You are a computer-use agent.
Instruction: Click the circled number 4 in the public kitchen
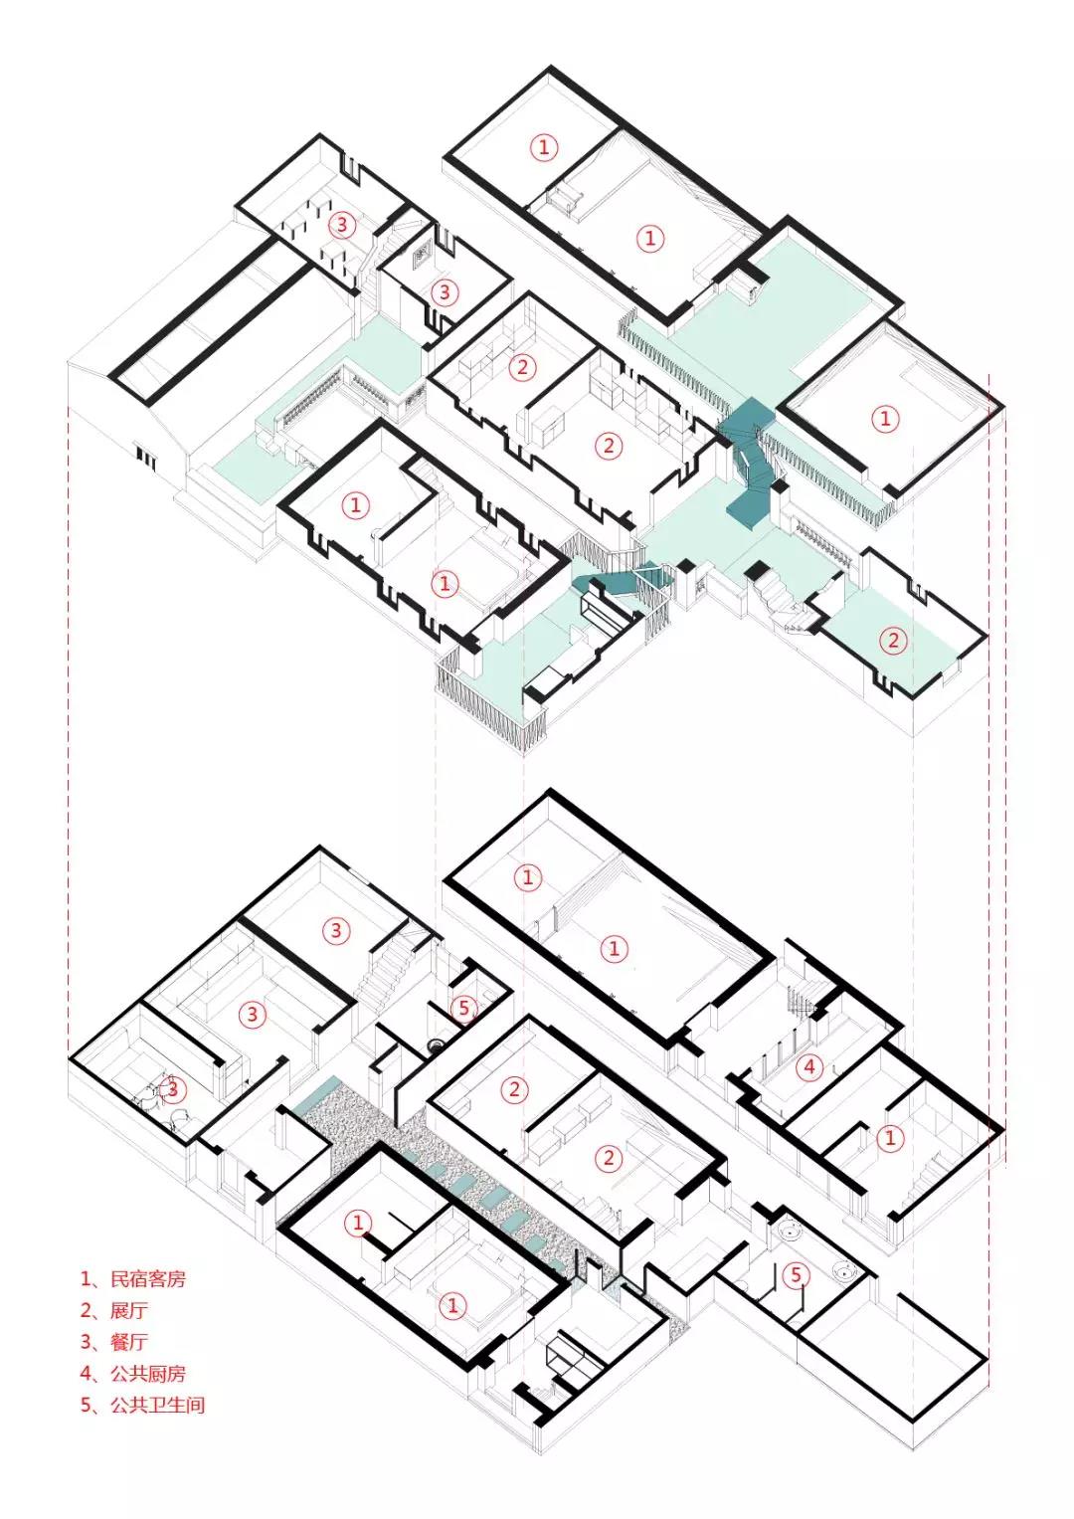pos(809,1068)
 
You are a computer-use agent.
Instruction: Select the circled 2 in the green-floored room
pos(893,641)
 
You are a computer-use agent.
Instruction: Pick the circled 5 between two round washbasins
pos(796,1275)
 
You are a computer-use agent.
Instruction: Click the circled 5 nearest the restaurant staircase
pos(463,1008)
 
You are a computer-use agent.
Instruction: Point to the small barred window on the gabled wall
pos(146,457)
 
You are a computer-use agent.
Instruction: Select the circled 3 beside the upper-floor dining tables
pos(342,225)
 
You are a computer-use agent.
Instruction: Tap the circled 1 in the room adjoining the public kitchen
pos(891,1137)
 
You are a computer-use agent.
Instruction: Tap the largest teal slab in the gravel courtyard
pos(316,1092)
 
